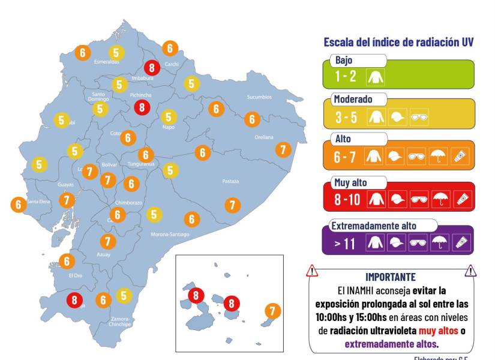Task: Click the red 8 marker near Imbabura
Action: (152, 67)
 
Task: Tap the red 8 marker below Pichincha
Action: (142, 107)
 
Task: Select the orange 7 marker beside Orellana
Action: (283, 149)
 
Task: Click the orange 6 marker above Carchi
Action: (170, 48)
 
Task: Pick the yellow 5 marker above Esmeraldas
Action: (116, 53)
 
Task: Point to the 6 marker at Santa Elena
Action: (19, 204)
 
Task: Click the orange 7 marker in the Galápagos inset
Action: (272, 311)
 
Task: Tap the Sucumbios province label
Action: (259, 97)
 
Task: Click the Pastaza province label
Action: (230, 181)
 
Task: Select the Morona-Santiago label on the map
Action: (170, 234)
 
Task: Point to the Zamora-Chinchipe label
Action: (121, 322)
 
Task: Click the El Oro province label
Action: (74, 275)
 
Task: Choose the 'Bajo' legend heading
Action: (344, 60)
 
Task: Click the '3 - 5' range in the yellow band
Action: (347, 117)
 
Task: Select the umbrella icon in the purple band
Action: (440, 242)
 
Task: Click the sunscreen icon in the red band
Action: (462, 199)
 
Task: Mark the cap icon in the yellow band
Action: (397, 118)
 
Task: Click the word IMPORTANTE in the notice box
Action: (390, 277)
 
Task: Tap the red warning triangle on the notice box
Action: (312, 271)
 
